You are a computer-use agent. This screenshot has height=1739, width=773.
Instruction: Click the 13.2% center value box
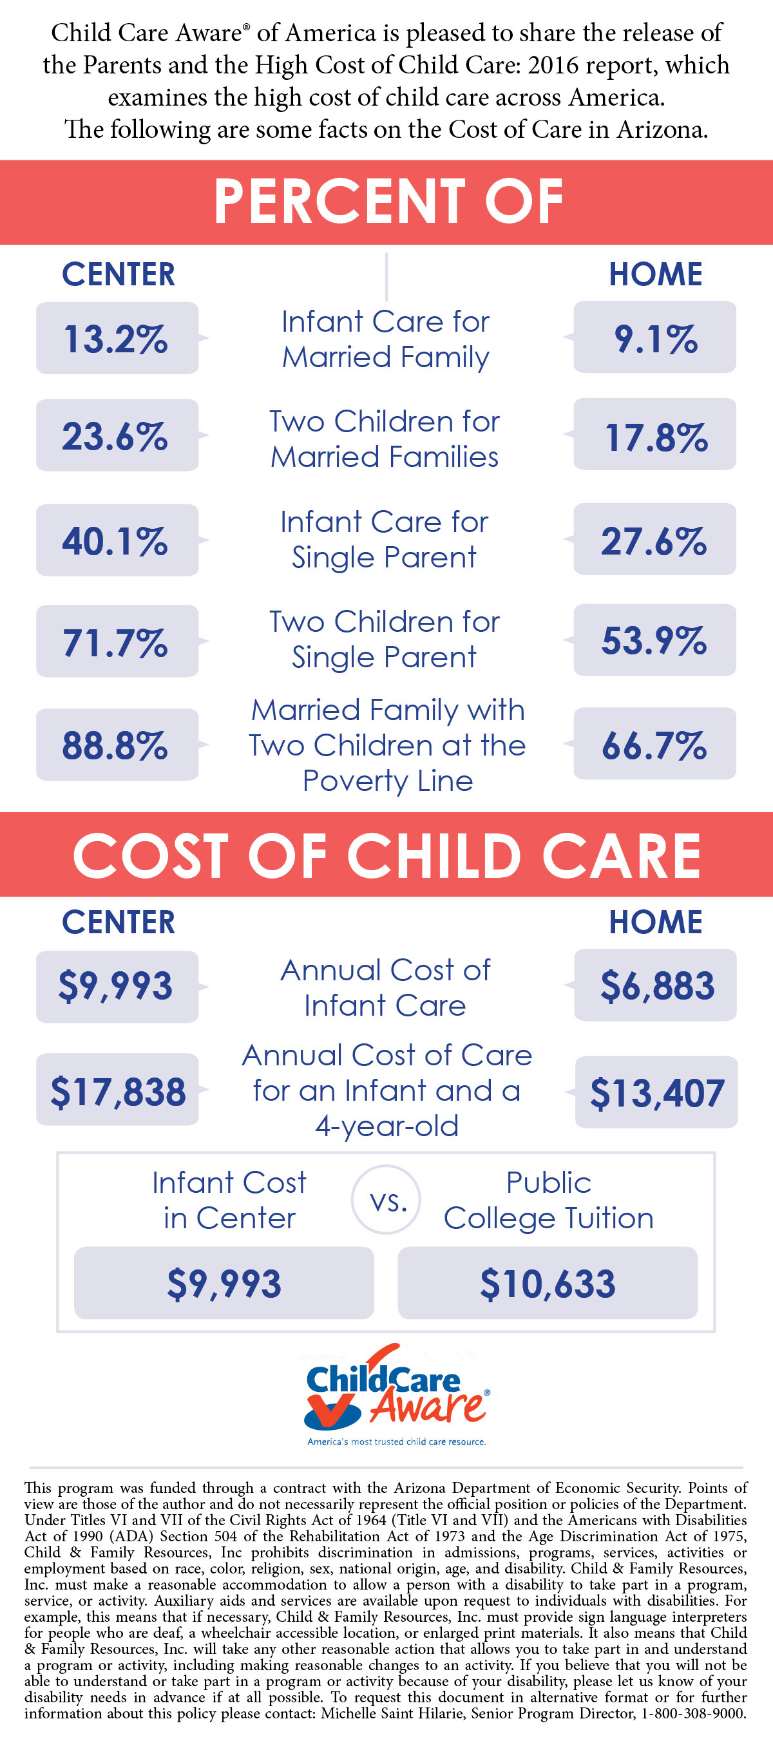coord(117,338)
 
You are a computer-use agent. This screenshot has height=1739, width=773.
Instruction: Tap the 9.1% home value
coord(654,337)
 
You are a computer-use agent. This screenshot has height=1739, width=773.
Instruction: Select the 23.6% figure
coord(117,435)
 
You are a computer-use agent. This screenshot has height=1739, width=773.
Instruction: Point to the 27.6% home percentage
coord(654,540)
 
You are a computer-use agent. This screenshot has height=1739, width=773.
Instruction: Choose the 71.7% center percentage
coord(117,641)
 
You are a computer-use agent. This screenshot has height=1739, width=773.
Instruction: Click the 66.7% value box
coord(654,744)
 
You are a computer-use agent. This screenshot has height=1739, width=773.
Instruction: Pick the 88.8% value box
coord(117,745)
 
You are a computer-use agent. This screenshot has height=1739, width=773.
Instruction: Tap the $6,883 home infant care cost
coord(656,985)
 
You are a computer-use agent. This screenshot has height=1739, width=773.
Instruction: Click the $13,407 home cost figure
coord(656,1092)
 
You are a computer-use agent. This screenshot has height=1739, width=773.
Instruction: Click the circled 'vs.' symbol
coord(387,1201)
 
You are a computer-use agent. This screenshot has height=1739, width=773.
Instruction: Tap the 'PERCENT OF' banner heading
coord(387,201)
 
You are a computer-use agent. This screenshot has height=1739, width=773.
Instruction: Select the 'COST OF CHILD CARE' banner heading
coord(387,855)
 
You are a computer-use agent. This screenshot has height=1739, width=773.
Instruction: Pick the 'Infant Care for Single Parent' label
coord(384,539)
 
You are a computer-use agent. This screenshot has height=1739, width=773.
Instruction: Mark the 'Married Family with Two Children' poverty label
coord(387,745)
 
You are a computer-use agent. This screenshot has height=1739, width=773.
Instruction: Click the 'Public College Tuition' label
coord(548,1201)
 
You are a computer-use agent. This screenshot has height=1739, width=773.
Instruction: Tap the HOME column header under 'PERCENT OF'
coord(656,274)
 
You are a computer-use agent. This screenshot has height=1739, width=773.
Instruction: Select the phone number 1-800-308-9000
coord(693,1713)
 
